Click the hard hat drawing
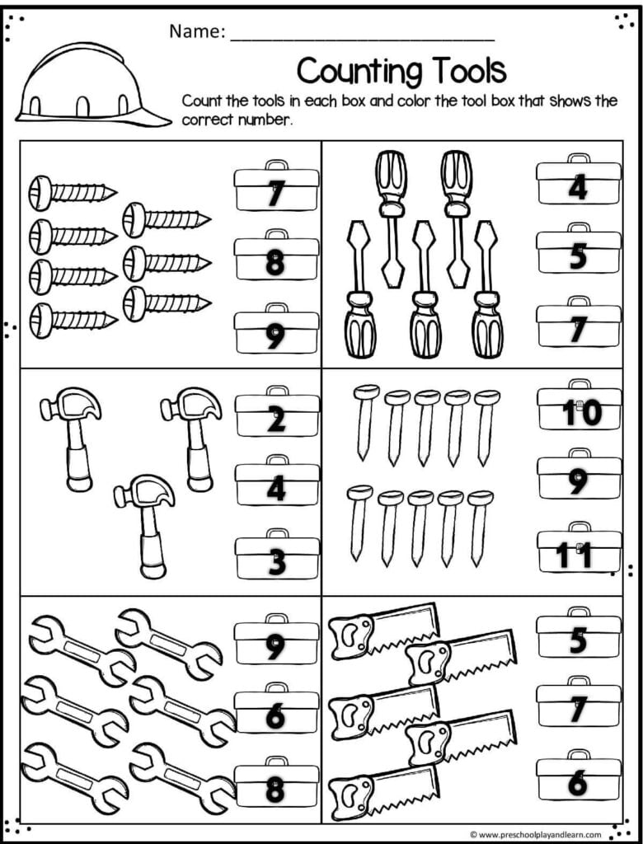(x=92, y=86)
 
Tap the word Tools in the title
(x=467, y=70)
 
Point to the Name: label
(x=197, y=32)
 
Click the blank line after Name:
(x=363, y=40)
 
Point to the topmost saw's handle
(x=352, y=638)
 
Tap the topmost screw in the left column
(x=73, y=193)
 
